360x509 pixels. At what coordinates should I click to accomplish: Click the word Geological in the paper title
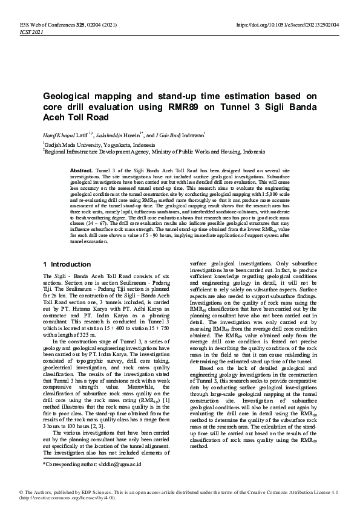coord(66,96)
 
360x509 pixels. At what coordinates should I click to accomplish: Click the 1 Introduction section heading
coord(66,264)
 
